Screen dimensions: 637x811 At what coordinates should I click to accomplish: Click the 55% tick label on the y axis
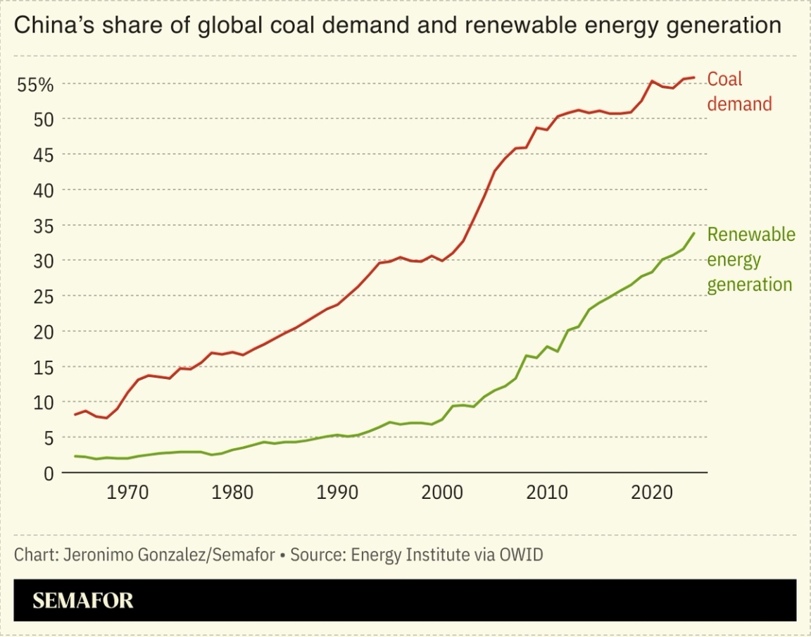click(35, 85)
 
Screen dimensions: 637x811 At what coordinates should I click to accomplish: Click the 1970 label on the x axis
click(127, 491)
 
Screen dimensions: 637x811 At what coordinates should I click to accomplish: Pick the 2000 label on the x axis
click(443, 491)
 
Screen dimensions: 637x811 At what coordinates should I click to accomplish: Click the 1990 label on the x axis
click(337, 491)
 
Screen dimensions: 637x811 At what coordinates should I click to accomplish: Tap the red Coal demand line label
click(738, 92)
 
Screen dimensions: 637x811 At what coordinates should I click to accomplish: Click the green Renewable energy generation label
click(750, 259)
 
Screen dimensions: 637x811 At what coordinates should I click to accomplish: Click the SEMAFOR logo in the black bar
click(83, 601)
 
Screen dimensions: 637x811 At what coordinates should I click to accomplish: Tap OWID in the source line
click(521, 555)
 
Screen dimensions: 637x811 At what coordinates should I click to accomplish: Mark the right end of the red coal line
click(694, 78)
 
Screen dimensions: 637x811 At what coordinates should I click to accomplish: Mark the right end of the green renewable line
click(694, 233)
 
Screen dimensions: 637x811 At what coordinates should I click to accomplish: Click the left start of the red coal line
click(75, 414)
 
